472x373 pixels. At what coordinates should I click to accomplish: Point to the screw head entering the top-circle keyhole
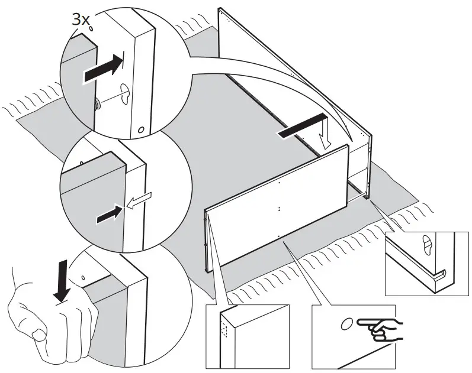[97, 102]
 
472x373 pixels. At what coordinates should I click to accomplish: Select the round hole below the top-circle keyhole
[140, 129]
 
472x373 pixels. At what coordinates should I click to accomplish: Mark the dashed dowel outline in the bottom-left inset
[223, 326]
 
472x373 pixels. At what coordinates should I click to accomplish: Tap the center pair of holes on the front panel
[278, 208]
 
